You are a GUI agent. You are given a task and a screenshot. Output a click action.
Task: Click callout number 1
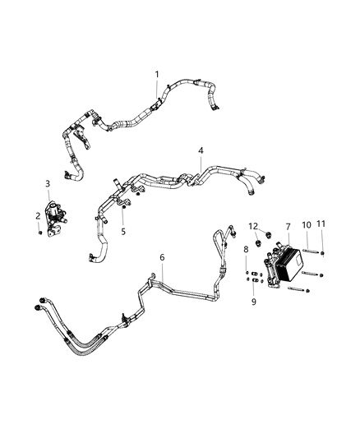(157, 75)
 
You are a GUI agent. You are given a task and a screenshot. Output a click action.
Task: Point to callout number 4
(200, 151)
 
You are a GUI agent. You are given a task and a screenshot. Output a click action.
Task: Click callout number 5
(123, 232)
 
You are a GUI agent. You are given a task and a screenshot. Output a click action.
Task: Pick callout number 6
(162, 258)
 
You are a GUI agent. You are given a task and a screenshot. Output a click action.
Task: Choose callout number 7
(288, 226)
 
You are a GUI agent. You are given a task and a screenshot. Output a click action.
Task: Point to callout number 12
(254, 226)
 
